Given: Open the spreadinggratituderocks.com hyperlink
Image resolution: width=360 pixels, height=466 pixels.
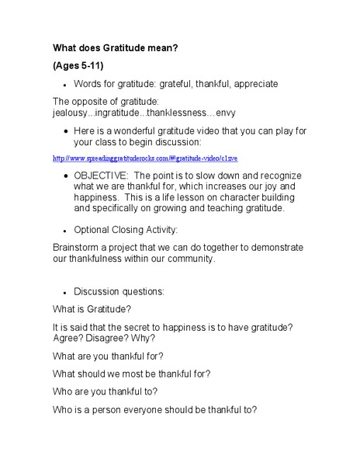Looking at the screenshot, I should (144, 158).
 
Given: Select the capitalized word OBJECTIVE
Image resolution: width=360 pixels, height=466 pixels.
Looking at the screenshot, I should (101, 176).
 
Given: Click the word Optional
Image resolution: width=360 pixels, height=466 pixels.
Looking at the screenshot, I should (93, 229).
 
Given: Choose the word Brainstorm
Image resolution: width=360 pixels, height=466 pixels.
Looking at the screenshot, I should (78, 248).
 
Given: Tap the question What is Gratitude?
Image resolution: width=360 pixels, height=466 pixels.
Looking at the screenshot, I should (92, 308).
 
